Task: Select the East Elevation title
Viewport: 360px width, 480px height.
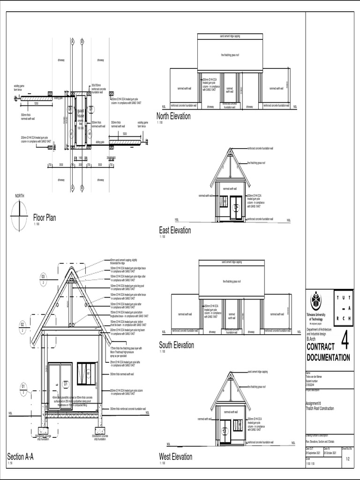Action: coord(175,230)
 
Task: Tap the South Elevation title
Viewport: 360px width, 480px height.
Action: coord(176,345)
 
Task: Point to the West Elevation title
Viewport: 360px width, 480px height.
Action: coord(176,457)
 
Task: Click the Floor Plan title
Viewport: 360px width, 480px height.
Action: coord(45,217)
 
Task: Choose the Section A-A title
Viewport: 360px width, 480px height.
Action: coord(21,457)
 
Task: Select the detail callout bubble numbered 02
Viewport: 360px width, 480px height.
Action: coord(23,324)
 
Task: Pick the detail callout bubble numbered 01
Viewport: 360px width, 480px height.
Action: coord(23,386)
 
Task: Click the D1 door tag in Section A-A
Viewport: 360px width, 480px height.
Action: coord(66,383)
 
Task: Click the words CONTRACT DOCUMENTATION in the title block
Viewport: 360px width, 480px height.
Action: coord(328,352)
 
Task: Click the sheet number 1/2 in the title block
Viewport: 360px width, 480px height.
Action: coord(347,460)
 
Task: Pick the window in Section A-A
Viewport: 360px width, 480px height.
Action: coord(87,372)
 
